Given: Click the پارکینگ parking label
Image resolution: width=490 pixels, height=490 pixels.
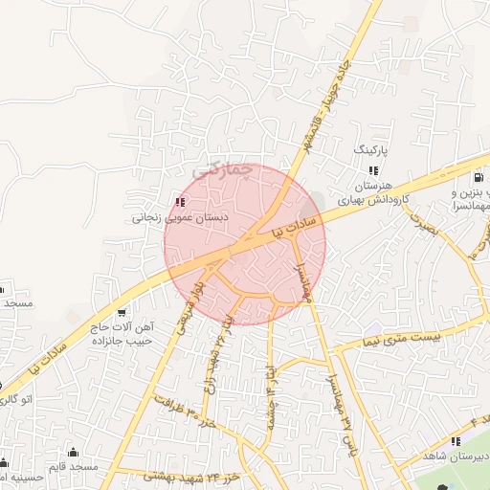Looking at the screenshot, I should pyautogui.click(x=373, y=151).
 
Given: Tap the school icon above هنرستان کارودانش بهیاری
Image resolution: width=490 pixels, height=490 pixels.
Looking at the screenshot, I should pyautogui.click(x=373, y=169).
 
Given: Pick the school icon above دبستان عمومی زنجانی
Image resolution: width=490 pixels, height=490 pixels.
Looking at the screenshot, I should pyautogui.click(x=180, y=202).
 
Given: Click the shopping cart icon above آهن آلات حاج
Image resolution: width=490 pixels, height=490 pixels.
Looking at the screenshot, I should pyautogui.click(x=122, y=313).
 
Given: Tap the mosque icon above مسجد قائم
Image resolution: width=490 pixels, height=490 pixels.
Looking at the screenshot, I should pyautogui.click(x=72, y=452).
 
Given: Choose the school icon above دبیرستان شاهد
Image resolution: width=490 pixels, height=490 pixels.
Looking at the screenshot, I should pyautogui.click(x=455, y=441).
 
